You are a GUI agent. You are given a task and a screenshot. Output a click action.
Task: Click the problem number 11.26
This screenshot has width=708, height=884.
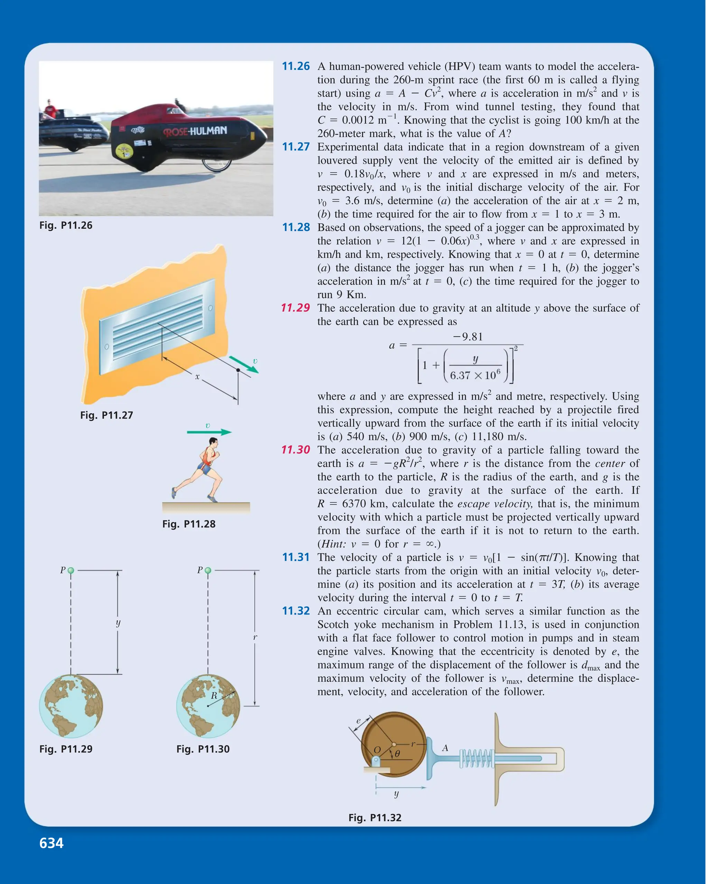[x=296, y=66]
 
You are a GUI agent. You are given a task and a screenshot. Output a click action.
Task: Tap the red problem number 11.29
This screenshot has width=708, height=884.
[x=295, y=308]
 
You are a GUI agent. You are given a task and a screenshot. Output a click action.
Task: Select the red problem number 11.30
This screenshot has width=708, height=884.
[x=295, y=450]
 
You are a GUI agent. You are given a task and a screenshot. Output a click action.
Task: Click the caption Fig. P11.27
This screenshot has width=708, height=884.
[x=106, y=415]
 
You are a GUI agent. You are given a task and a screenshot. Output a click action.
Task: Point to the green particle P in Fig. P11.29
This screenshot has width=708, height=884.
[x=71, y=570]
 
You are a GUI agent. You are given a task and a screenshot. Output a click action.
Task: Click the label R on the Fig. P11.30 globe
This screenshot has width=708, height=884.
[x=214, y=696]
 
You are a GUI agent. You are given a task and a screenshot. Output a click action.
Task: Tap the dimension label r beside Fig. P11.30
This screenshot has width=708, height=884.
[x=255, y=637]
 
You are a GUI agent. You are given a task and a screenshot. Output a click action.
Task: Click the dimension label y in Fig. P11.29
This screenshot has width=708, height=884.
[x=118, y=623]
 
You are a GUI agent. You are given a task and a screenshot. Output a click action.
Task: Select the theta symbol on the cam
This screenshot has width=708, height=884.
[x=397, y=753]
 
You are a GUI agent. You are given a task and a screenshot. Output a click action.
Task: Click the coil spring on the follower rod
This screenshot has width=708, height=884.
[x=476, y=758]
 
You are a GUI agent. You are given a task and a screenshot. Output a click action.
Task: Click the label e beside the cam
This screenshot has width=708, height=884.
[x=358, y=721]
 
